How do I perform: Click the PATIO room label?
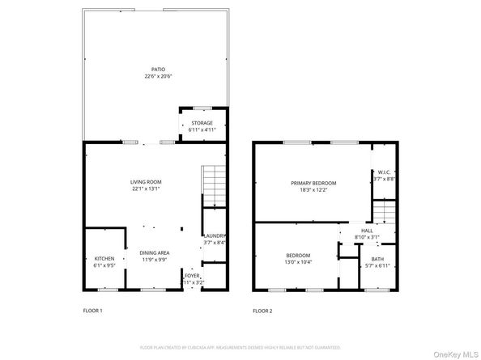click(147, 69)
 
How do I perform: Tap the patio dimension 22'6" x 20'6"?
click(147, 76)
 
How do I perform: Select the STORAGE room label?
click(202, 123)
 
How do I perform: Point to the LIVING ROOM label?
click(147, 182)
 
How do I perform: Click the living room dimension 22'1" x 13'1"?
click(147, 189)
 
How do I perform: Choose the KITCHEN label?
click(104, 258)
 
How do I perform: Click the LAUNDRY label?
click(214, 235)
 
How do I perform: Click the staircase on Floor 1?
click(211, 185)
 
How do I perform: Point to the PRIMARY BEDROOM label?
click(313, 183)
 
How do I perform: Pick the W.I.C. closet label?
click(385, 172)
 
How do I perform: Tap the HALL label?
click(367, 231)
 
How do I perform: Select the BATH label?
click(378, 258)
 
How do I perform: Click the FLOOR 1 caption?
click(93, 311)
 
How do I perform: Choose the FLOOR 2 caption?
click(262, 311)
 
